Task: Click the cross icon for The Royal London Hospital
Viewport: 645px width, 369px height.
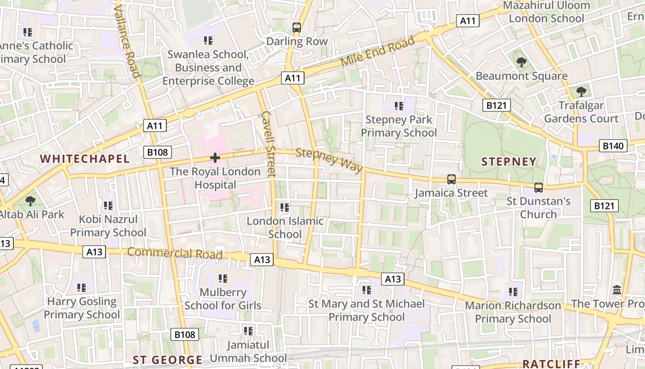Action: (x=215, y=158)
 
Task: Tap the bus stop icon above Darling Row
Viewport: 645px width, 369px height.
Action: (x=297, y=28)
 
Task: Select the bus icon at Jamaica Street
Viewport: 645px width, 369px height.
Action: (x=451, y=179)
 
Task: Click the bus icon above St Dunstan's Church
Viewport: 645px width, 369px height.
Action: (x=538, y=188)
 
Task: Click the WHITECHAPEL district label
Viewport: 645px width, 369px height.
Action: (x=85, y=159)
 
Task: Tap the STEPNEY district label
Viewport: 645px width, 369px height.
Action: (x=509, y=162)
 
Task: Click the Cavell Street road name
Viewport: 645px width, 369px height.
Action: (x=268, y=143)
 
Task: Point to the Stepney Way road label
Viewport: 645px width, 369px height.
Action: (x=329, y=160)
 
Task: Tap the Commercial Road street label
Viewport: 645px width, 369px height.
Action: (x=175, y=253)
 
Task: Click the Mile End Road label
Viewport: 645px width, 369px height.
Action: (x=377, y=51)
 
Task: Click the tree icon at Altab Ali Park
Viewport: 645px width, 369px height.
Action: (x=30, y=201)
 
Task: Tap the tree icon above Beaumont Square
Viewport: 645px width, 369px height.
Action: (x=521, y=62)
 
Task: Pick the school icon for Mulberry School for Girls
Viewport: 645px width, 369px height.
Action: (x=223, y=279)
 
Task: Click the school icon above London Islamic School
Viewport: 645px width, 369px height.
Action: (x=285, y=208)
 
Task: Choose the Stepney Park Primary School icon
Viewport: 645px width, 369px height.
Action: (x=399, y=106)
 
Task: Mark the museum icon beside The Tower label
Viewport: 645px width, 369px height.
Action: (x=617, y=290)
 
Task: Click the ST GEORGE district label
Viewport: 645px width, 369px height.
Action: (x=167, y=360)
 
